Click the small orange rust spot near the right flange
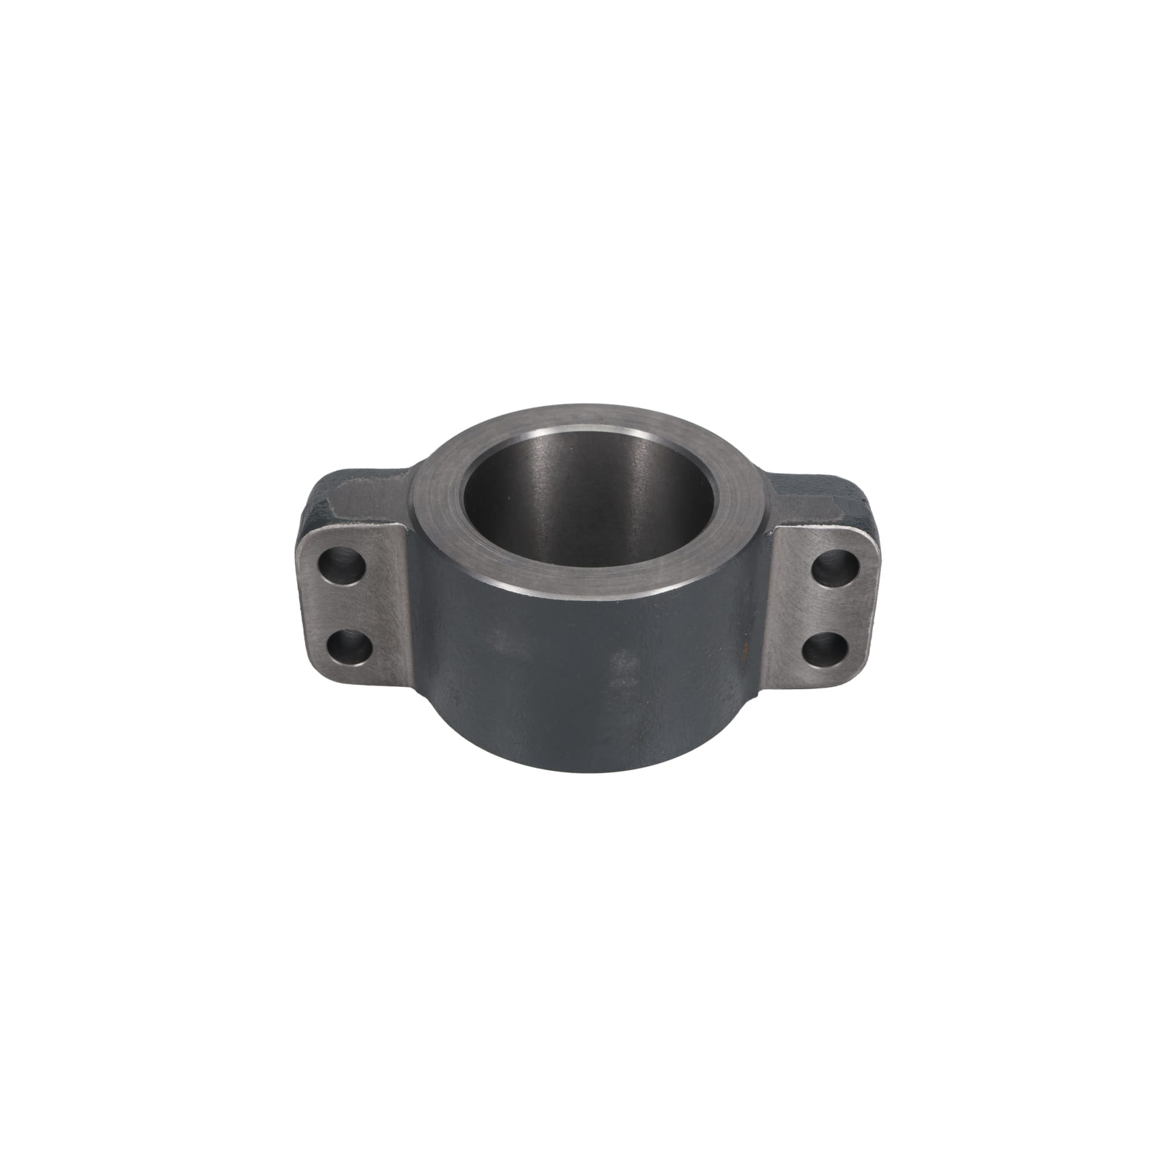743,650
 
